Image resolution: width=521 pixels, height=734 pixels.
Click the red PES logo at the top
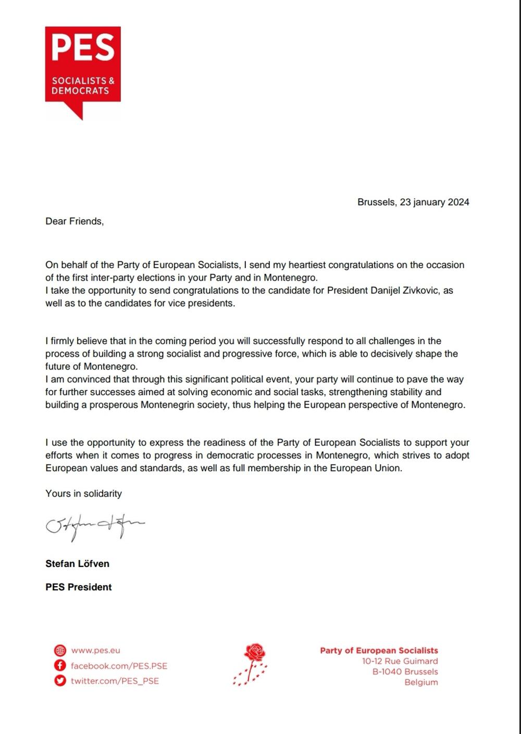click(83, 65)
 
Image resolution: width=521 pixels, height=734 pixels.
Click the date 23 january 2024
click(435, 202)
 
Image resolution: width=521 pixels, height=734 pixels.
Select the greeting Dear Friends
click(75, 221)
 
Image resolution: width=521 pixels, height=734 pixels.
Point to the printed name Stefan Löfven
click(77, 563)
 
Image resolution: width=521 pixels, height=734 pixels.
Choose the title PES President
click(78, 587)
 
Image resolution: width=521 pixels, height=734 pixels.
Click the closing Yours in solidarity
click(83, 493)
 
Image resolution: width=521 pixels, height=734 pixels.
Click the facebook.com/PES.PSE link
click(119, 666)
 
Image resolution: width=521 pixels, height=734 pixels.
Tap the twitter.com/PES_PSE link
click(115, 681)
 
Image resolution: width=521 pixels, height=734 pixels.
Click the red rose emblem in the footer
click(251, 664)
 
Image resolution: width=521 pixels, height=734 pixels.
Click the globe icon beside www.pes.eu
click(60, 650)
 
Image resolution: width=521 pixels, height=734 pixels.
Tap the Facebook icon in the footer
click(60, 665)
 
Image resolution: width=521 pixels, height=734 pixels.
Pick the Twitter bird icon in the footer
click(60, 680)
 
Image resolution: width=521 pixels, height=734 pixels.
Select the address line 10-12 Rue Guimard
click(400, 661)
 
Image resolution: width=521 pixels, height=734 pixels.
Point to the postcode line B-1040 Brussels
click(405, 672)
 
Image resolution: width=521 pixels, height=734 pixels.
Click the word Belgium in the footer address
click(421, 682)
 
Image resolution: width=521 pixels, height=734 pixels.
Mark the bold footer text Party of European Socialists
click(379, 650)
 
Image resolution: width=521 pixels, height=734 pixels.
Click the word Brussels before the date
click(376, 202)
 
